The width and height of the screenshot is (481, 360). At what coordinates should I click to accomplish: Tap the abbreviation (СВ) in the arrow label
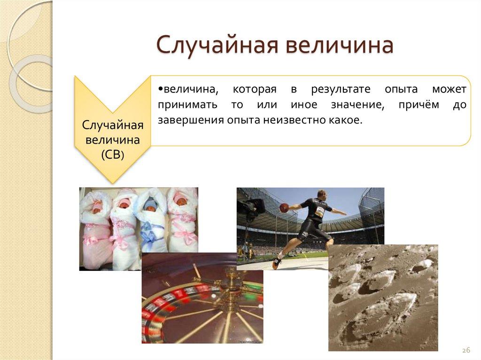tap(112, 156)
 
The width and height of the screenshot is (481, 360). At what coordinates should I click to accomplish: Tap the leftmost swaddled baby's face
tap(97, 206)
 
